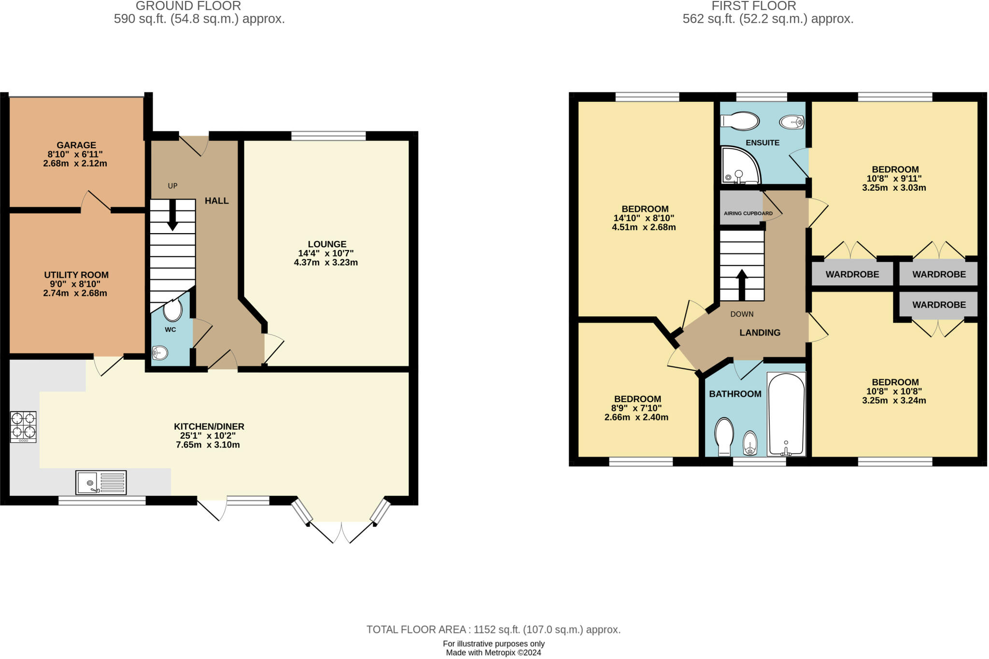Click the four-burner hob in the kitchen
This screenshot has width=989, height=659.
[23, 426]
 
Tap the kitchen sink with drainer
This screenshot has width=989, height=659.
[101, 482]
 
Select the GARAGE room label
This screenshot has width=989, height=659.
[76, 145]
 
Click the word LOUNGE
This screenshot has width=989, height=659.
[327, 244]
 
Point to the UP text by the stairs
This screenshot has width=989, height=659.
[172, 186]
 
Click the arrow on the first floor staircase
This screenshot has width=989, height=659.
[742, 284]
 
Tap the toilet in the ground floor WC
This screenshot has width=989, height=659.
[172, 310]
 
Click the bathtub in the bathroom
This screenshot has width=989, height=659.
[786, 414]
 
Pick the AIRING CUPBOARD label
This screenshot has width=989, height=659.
[748, 213]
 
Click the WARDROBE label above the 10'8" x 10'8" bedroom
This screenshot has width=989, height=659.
[939, 305]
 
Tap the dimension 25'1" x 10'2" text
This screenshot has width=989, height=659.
[208, 435]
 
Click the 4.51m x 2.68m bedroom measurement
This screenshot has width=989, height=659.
[644, 227]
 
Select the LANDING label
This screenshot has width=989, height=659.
[760, 333]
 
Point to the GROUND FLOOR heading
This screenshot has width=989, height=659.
[188, 6]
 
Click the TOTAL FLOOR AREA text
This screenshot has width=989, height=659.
[493, 630]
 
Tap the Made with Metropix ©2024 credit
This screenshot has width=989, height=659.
[493, 653]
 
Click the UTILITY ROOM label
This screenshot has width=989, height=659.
[76, 275]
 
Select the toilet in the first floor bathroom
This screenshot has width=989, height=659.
[724, 436]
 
